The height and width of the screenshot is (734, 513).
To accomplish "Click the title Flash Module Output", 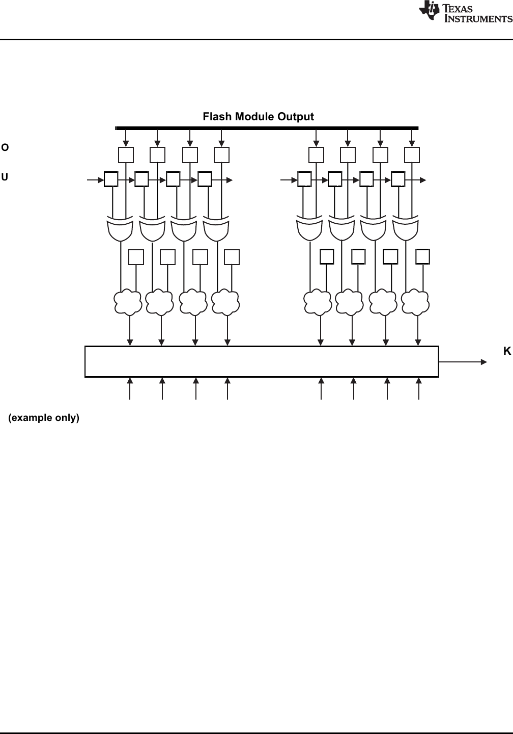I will click(258, 117).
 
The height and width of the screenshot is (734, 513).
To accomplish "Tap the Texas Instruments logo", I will click(465, 12).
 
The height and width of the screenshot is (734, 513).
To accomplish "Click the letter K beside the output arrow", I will click(507, 351).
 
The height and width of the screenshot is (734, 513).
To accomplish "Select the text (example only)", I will click(44, 418).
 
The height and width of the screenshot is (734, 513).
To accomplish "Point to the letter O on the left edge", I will click(5, 148).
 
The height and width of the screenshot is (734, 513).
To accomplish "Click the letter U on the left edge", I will click(5, 177).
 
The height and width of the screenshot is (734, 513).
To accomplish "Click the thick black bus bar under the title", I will click(267, 128).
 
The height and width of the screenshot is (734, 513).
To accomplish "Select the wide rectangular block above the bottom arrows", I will click(262, 361).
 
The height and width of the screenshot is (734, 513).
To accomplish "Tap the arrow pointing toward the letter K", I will click(463, 362).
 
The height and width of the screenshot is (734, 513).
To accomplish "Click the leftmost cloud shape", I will click(128, 302).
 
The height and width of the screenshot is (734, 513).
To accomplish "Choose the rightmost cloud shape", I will click(415, 302).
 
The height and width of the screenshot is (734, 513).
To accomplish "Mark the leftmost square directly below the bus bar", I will click(126, 155).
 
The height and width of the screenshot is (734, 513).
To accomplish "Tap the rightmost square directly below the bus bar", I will click(412, 155).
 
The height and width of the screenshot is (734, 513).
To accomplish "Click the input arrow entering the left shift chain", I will click(95, 179).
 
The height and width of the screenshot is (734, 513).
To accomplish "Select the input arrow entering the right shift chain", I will click(289, 179).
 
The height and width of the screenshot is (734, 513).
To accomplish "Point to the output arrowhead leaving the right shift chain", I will click(423, 179).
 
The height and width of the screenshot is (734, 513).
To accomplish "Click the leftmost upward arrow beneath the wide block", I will click(130, 388).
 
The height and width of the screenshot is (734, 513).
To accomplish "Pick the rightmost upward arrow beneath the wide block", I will click(418, 388).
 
